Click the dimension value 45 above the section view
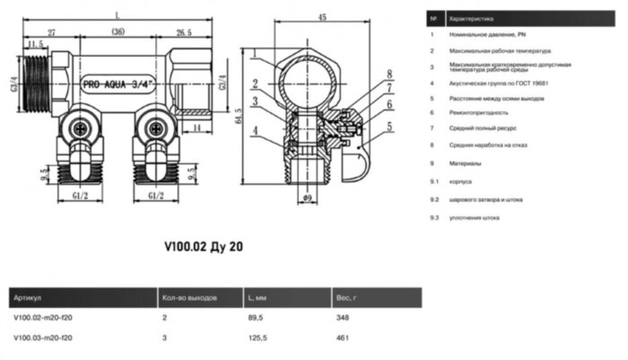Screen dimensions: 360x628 click(320, 15)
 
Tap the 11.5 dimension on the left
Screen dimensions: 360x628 click(36, 43)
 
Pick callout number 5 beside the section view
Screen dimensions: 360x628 click(389, 127)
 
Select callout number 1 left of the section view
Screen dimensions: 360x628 click(255, 59)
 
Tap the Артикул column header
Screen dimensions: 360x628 click(28, 297)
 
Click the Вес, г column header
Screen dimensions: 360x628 click(345, 297)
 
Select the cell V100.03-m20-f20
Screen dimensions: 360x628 click(44, 338)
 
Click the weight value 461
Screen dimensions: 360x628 click(342, 338)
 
